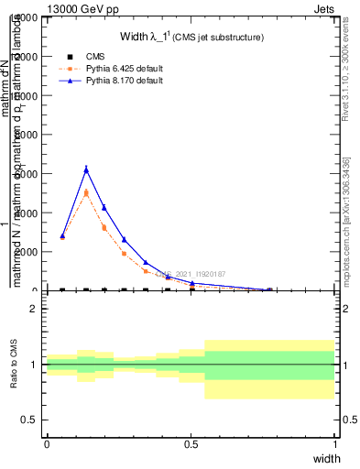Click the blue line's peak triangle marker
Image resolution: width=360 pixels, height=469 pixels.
pos(86,169)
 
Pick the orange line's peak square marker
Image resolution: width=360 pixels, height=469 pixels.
pos(86,192)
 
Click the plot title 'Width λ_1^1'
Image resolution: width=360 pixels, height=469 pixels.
pos(192,37)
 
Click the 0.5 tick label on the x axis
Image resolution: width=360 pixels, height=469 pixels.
pos(191,443)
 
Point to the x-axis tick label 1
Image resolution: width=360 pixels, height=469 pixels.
pos(335,443)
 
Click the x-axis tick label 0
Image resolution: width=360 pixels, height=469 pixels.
pos(47,443)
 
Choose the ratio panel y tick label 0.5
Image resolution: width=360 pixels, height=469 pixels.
pos(29,420)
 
